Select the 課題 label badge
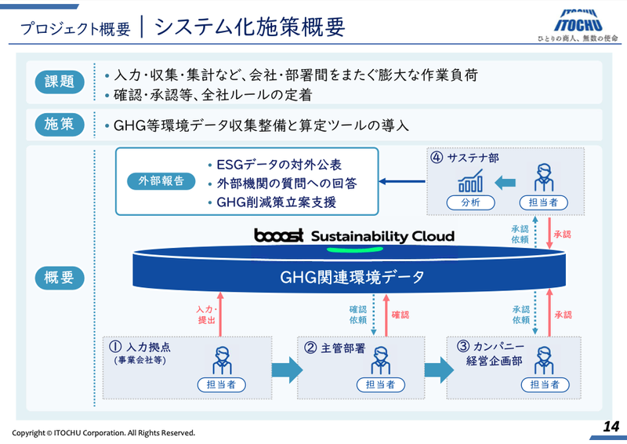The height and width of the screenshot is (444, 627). tap(60, 82)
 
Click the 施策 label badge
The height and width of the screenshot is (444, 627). tap(60, 125)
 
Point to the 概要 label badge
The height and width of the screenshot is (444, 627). tap(60, 277)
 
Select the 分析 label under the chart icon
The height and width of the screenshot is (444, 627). tap(472, 202)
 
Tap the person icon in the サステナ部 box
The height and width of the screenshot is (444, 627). tap(542, 177)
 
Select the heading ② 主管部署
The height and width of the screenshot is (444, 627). tap(335, 348)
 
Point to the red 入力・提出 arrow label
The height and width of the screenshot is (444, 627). tap(205, 315)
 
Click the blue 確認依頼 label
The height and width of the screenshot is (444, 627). tap(358, 315)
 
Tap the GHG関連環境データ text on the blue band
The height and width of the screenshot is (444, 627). tap(351, 277)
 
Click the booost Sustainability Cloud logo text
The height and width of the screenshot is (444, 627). tap(353, 236)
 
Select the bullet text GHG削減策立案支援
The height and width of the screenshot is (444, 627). tap(276, 202)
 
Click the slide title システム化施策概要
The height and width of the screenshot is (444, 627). tap(250, 27)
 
